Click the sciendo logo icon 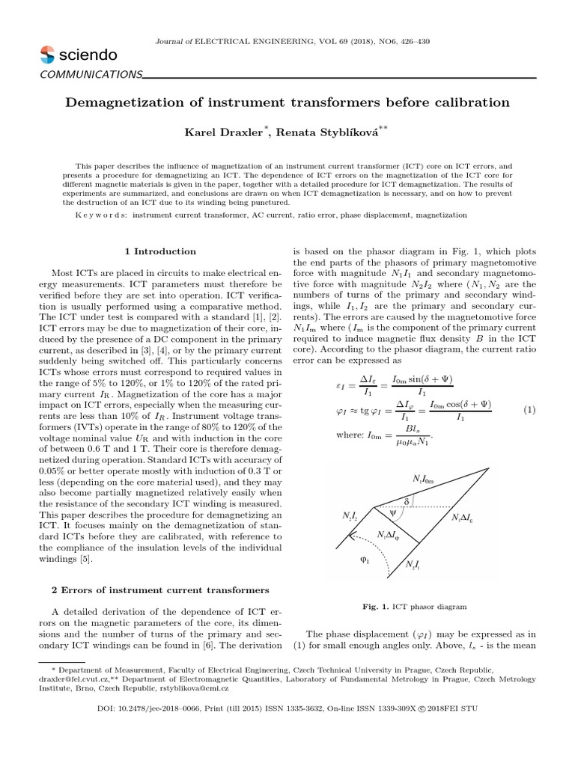click(46, 55)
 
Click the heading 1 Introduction click(160, 251)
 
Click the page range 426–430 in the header click(412, 41)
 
